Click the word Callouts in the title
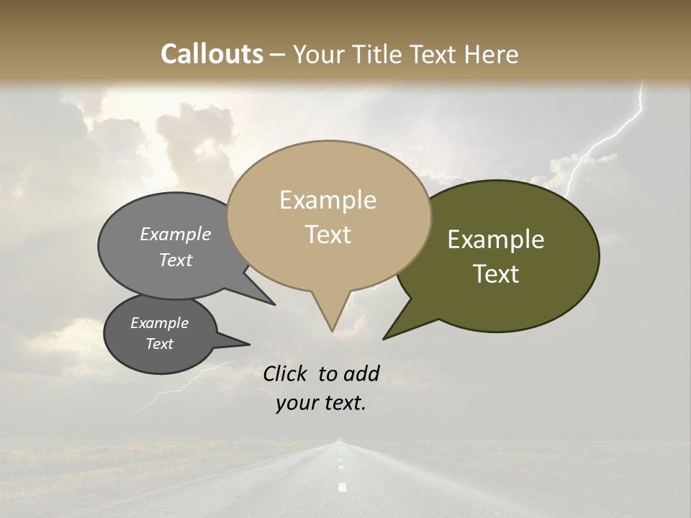(212, 54)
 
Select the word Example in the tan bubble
(328, 200)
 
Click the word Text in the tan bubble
(328, 235)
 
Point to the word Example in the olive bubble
(496, 240)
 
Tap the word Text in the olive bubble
(496, 274)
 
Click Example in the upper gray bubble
(176, 235)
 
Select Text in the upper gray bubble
(176, 260)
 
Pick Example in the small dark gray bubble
(159, 323)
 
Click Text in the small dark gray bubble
(159, 344)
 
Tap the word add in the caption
(361, 373)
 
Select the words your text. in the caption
(320, 404)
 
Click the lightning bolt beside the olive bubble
(605, 144)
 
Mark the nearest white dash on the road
(342, 487)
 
